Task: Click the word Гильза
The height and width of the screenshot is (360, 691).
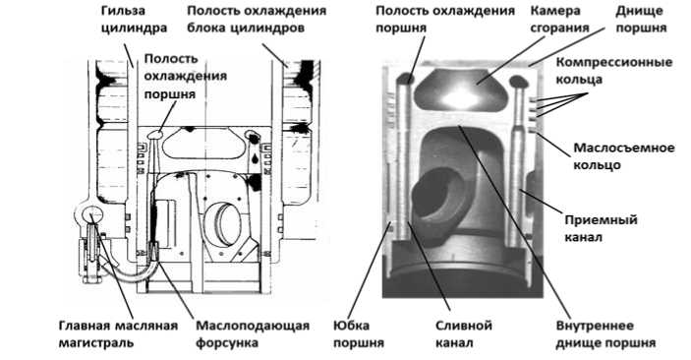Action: pos(117,11)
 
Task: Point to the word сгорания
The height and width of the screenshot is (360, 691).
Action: pos(559,28)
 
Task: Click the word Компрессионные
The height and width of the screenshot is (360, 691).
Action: pos(614,62)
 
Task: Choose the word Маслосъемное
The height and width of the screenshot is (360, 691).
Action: pos(623,148)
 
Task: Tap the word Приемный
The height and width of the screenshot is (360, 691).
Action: pos(602,219)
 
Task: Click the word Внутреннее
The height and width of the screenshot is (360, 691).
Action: pos(595,326)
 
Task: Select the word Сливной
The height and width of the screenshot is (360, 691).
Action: pos(464,326)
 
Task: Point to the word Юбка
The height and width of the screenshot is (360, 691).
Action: pos(352,326)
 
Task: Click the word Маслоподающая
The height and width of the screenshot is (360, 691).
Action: pos(253,326)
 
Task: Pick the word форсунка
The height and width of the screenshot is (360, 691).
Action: pos(227,343)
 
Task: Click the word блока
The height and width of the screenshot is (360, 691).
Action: pos(205,28)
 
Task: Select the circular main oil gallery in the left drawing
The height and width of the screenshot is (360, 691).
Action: pos(91,214)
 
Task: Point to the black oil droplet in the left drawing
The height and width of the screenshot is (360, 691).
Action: pos(256,157)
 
